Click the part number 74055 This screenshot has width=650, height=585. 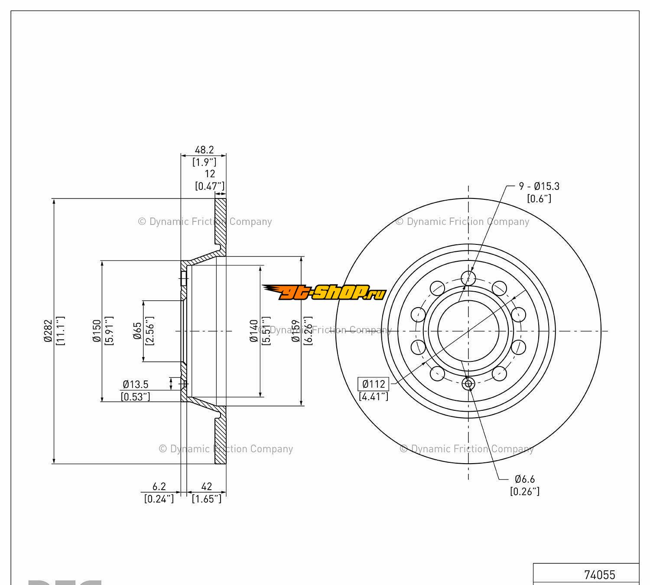pyautogui.click(x=599, y=575)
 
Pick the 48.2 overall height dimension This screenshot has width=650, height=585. pyautogui.click(x=204, y=150)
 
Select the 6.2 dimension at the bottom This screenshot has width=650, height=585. pyautogui.click(x=159, y=487)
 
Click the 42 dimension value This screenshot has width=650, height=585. pyautogui.click(x=207, y=487)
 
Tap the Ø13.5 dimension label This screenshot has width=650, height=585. pyautogui.click(x=136, y=384)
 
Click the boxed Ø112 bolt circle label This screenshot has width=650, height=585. pyautogui.click(x=374, y=384)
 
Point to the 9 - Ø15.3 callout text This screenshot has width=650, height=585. pyautogui.click(x=539, y=186)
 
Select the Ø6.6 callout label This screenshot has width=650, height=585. pyautogui.click(x=525, y=479)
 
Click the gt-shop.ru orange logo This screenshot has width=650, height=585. pyautogui.click(x=324, y=292)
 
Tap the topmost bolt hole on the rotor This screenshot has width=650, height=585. pyautogui.click(x=468, y=277)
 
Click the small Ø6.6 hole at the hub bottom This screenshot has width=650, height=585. pyautogui.click(x=468, y=383)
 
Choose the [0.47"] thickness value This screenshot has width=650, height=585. pyautogui.click(x=210, y=186)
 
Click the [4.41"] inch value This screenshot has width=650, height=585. pyautogui.click(x=374, y=396)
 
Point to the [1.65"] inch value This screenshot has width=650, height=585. pyautogui.click(x=207, y=499)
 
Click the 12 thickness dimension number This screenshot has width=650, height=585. pyautogui.click(x=210, y=174)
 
